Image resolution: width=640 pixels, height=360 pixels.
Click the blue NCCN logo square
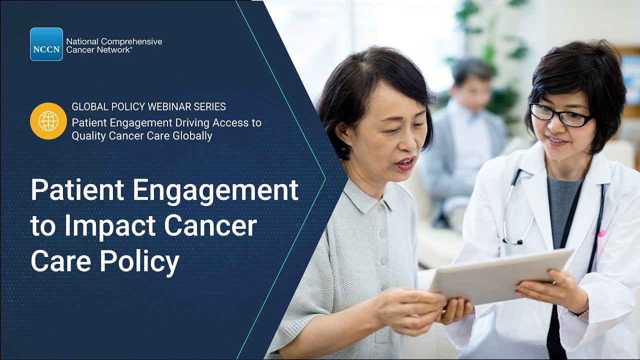point(46,44)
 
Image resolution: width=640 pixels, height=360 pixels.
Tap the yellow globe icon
point(48,121)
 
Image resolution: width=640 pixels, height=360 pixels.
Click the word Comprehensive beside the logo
point(129,41)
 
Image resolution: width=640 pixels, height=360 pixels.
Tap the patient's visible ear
point(344,135)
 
